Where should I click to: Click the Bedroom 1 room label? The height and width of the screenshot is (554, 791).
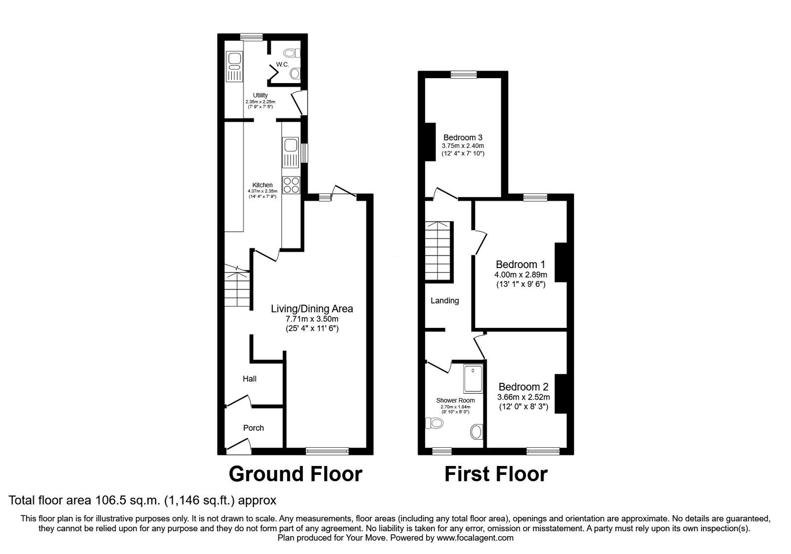pos(520,264)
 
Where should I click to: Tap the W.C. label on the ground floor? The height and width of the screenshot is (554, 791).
pos(282,64)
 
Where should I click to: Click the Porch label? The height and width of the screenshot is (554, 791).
pos(253,428)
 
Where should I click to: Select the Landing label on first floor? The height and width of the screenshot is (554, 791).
pos(444,300)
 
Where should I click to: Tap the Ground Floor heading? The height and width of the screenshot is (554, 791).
pos(295,474)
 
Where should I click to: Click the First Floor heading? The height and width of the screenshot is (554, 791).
pos(495,474)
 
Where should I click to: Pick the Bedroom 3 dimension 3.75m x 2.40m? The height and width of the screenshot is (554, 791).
pos(463,146)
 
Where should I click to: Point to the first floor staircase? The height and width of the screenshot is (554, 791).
pos(439,250)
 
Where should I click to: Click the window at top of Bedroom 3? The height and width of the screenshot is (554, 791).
pos(464,75)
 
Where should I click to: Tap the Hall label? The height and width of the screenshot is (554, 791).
pos(249,379)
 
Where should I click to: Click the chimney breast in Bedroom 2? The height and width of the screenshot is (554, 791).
pos(561,392)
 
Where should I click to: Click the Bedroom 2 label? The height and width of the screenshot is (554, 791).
pos(523,387)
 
